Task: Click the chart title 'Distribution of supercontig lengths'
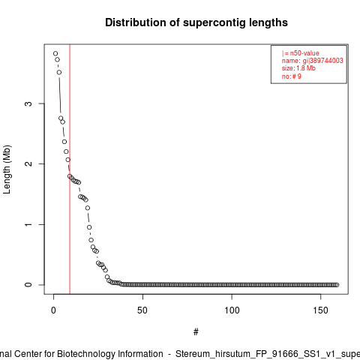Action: [x=196, y=22]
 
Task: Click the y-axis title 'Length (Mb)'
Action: [x=7, y=169]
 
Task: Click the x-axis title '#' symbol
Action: [x=196, y=332]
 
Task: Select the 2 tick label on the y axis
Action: [x=28, y=163]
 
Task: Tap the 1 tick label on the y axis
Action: [x=28, y=224]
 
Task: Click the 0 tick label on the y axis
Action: [x=28, y=285]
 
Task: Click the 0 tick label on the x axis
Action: [x=53, y=310]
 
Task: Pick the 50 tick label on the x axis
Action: [x=142, y=310]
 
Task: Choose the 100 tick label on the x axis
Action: [x=232, y=310]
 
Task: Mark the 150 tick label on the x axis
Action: [x=321, y=310]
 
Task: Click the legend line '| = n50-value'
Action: [x=301, y=53]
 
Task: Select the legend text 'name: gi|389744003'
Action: [x=313, y=61]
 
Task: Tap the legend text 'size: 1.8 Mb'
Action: [x=298, y=68]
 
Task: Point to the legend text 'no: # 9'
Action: [x=292, y=76]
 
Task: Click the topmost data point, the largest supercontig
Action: [x=55, y=53]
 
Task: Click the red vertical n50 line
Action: [x=70, y=169]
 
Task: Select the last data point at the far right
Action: [x=337, y=285]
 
